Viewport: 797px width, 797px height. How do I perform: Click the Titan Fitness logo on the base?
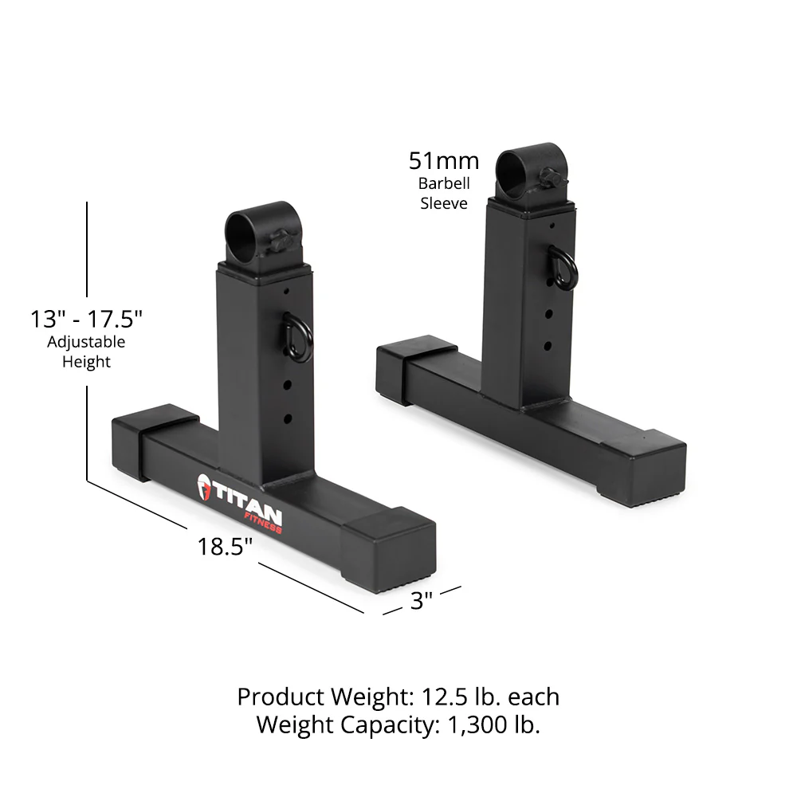[238, 500]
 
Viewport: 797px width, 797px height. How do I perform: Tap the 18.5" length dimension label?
[226, 547]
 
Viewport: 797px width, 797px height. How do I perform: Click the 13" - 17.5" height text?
[86, 320]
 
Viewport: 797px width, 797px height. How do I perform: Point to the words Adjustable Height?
[86, 351]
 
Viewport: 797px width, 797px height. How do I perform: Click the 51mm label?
[444, 161]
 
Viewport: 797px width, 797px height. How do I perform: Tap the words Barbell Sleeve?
[444, 193]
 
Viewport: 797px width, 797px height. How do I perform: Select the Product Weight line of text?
[398, 697]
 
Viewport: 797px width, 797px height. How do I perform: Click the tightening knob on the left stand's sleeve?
[282, 241]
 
